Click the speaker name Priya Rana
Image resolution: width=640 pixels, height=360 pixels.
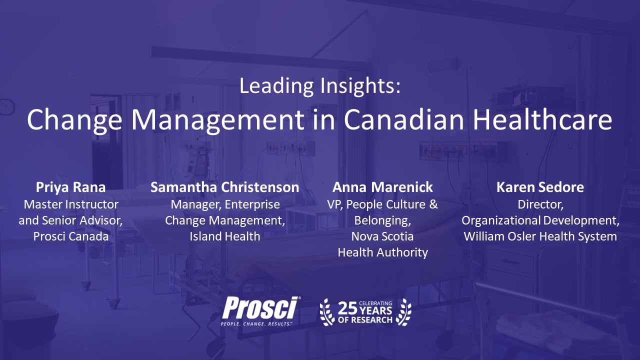coord(70,187)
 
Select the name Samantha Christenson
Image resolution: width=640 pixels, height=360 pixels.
coord(225,187)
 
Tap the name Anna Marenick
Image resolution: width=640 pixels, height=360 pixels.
coord(382,187)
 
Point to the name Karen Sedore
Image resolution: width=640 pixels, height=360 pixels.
coord(540,187)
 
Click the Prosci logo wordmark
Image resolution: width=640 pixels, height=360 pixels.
coord(260,307)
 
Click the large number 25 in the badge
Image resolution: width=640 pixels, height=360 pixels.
coord(347,308)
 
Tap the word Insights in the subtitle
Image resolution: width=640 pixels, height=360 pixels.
coord(360,86)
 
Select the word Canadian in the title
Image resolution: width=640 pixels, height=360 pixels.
coord(403,119)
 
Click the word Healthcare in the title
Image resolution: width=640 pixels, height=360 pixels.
coord(542,119)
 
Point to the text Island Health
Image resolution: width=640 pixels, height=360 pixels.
coord(225,236)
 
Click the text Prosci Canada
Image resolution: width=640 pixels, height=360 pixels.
coord(71,236)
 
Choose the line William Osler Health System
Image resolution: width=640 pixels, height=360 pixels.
coord(540,237)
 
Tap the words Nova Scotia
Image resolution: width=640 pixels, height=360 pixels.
coord(382,236)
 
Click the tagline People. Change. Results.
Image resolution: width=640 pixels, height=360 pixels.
coord(256,324)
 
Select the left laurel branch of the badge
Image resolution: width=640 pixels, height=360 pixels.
coord(327,312)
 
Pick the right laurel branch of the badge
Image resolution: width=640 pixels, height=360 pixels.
coord(403,312)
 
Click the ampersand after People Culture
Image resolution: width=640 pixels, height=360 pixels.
coord(433,204)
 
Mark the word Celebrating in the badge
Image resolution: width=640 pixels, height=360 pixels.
coord(375,303)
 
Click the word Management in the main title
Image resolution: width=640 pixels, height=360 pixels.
coord(217,120)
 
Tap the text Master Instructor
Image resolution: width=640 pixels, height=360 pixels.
coord(71,204)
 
